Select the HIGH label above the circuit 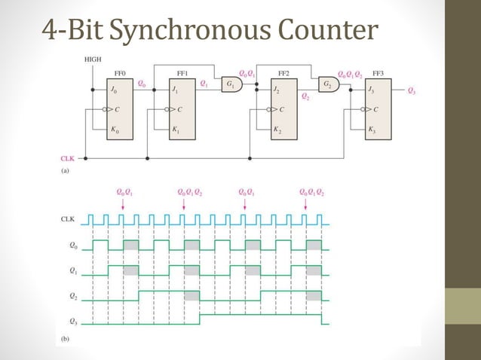(x=93, y=58)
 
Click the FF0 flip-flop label (x=119, y=74)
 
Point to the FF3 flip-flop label (x=378, y=74)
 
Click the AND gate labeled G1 (x=229, y=84)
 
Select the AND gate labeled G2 (x=328, y=84)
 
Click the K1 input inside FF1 (x=176, y=130)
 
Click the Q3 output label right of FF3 (x=410, y=91)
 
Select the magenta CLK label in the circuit (x=67, y=159)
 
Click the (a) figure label (x=64, y=171)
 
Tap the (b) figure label (x=64, y=339)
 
